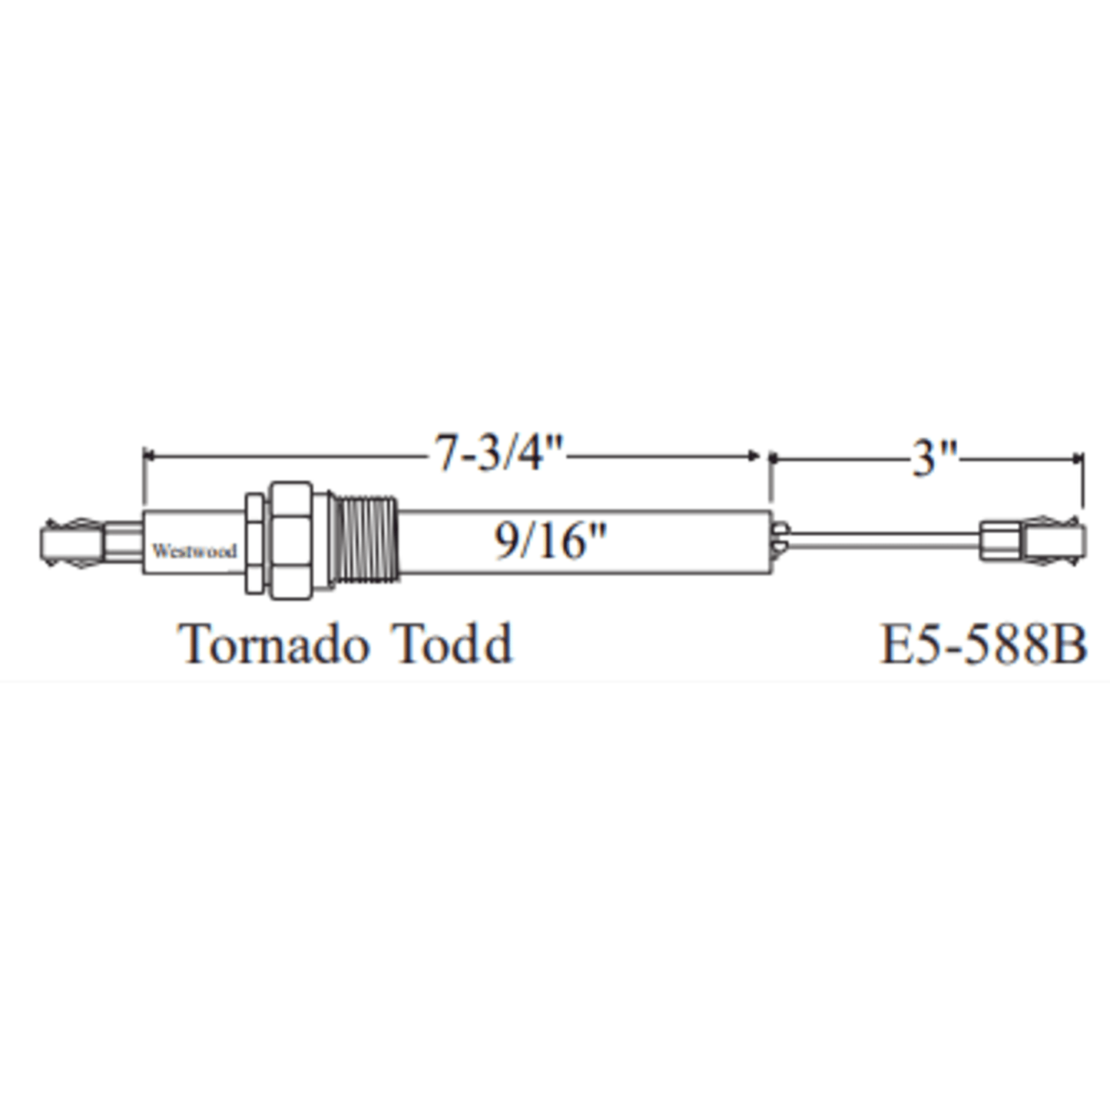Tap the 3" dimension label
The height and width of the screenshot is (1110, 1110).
tap(934, 459)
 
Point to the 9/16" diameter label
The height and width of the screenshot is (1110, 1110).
tap(549, 541)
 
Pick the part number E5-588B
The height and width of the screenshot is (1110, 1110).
tap(982, 645)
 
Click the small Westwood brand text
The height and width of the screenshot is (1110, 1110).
tap(194, 551)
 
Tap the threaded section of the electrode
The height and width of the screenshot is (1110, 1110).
tap(366, 538)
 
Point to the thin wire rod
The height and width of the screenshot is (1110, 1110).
tap(883, 539)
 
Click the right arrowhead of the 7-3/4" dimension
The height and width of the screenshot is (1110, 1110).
tap(754, 456)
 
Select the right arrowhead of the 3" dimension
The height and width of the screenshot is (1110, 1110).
tap(1076, 459)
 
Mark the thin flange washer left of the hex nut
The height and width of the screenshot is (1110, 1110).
tap(254, 542)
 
